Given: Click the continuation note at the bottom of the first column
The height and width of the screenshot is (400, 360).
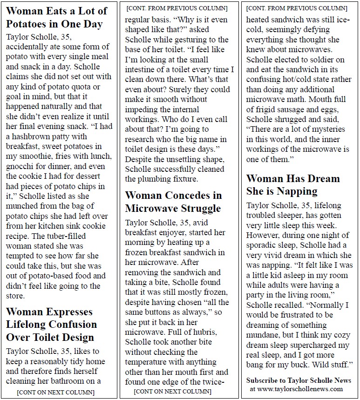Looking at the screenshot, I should (55, 392).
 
